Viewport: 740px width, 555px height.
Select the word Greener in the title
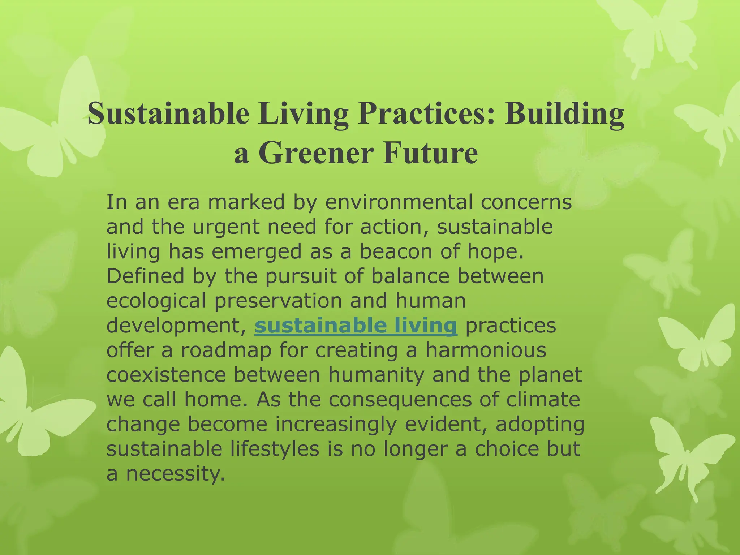coord(315,153)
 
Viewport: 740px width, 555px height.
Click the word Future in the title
coord(430,153)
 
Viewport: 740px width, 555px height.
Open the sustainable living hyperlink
coord(356,326)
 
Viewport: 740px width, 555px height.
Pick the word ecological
coord(156,301)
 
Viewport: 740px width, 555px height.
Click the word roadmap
coord(226,350)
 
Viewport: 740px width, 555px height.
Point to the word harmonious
coord(486,350)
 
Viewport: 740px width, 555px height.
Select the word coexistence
coord(166,375)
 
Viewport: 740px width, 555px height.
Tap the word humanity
coord(376,375)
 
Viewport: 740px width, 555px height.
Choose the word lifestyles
coord(275,449)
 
